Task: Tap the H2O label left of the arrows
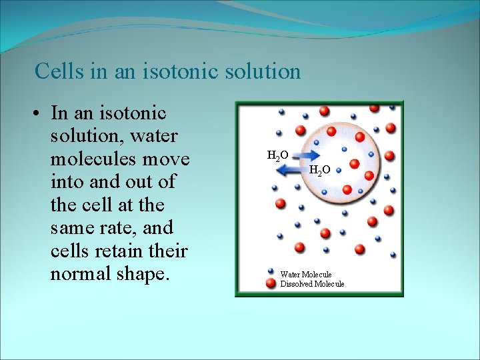tap(277, 155)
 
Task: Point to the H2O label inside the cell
tap(319, 171)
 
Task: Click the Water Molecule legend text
tap(305, 274)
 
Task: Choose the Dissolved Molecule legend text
tap(312, 284)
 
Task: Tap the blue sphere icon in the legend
tap(271, 272)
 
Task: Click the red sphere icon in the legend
tap(271, 283)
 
